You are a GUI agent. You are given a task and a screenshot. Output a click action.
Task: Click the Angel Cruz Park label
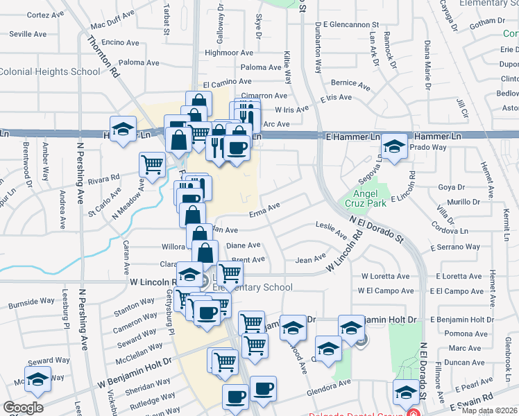pos(367,198)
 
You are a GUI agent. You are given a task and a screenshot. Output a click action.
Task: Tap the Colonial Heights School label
pos(50,71)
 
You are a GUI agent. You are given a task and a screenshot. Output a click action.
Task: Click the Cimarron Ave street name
pos(264,96)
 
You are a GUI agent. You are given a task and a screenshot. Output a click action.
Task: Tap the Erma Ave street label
pos(264,206)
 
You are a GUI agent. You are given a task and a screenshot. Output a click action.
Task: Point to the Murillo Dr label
pos(463,202)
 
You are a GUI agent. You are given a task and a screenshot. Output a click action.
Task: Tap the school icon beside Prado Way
pos(394,147)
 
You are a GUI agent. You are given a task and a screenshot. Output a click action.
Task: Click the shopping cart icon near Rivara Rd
pos(153,165)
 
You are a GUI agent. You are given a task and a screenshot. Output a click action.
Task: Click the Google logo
pos(23,407)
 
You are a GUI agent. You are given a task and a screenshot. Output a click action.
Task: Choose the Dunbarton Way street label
pos(318,48)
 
